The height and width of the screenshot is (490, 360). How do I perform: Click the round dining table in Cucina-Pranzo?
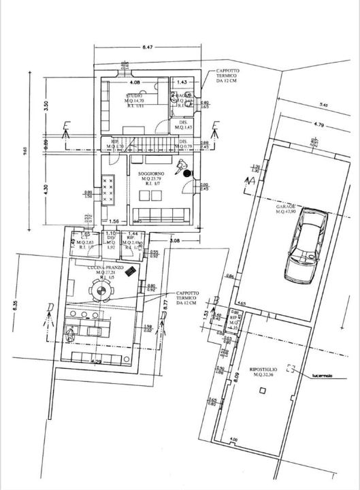click(x=101, y=293)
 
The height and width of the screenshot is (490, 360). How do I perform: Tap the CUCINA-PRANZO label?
click(x=100, y=268)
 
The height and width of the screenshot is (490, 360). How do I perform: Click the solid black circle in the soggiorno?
click(x=186, y=174)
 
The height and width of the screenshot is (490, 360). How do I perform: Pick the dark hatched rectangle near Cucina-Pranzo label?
click(x=138, y=269)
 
